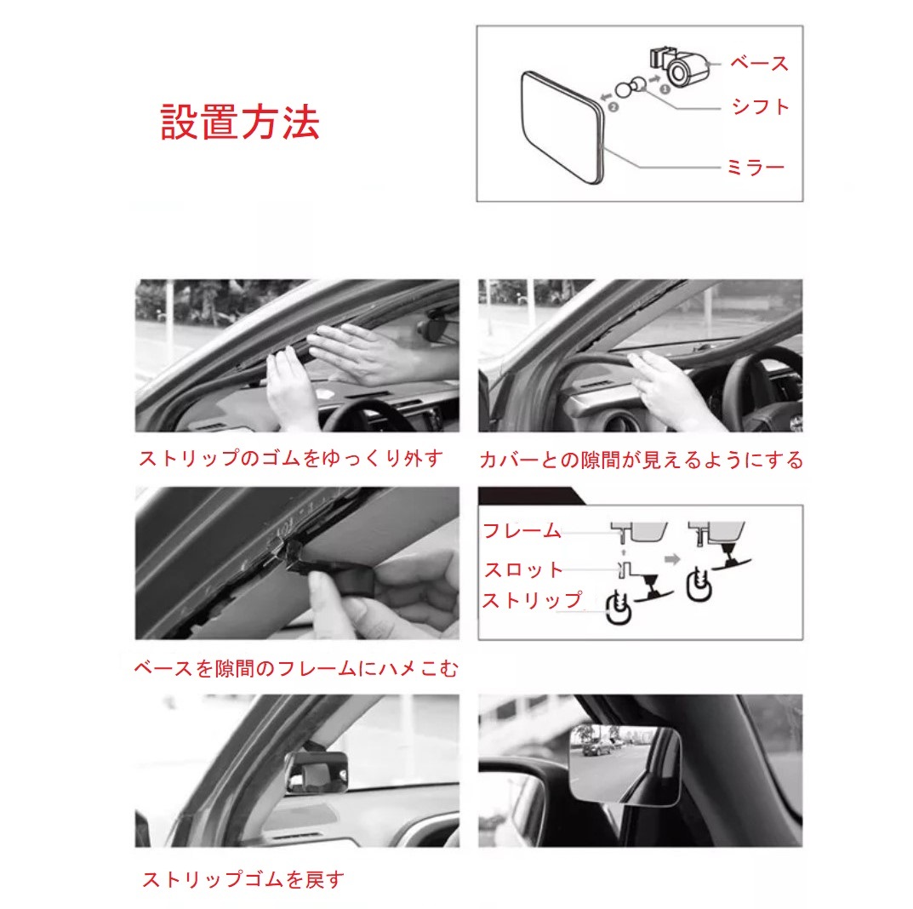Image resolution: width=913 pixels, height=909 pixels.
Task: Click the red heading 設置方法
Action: (240, 123)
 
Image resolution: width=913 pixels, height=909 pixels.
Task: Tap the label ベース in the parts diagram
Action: (759, 63)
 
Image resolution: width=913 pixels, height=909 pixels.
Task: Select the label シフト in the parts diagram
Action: (761, 106)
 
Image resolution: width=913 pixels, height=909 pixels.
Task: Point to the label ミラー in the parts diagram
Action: (756, 168)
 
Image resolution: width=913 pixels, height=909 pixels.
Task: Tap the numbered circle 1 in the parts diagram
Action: (665, 89)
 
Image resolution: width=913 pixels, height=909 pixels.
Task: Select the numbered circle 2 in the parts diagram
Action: (613, 106)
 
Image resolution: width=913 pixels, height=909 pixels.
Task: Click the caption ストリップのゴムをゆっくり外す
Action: (291, 458)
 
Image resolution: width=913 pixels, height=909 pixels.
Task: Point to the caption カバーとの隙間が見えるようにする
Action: (641, 460)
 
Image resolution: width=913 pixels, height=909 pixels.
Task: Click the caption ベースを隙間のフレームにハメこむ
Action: (296, 668)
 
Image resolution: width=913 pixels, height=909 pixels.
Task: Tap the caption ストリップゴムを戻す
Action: (243, 878)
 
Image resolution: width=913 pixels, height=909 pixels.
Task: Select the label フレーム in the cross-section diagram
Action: (522, 530)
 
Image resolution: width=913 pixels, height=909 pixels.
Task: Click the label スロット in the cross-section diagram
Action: (523, 569)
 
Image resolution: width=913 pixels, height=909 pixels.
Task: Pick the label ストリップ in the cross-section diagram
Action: (532, 600)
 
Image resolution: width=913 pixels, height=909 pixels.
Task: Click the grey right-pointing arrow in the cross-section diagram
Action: (672, 559)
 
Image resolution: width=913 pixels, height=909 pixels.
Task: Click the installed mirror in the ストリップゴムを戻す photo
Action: (317, 772)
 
